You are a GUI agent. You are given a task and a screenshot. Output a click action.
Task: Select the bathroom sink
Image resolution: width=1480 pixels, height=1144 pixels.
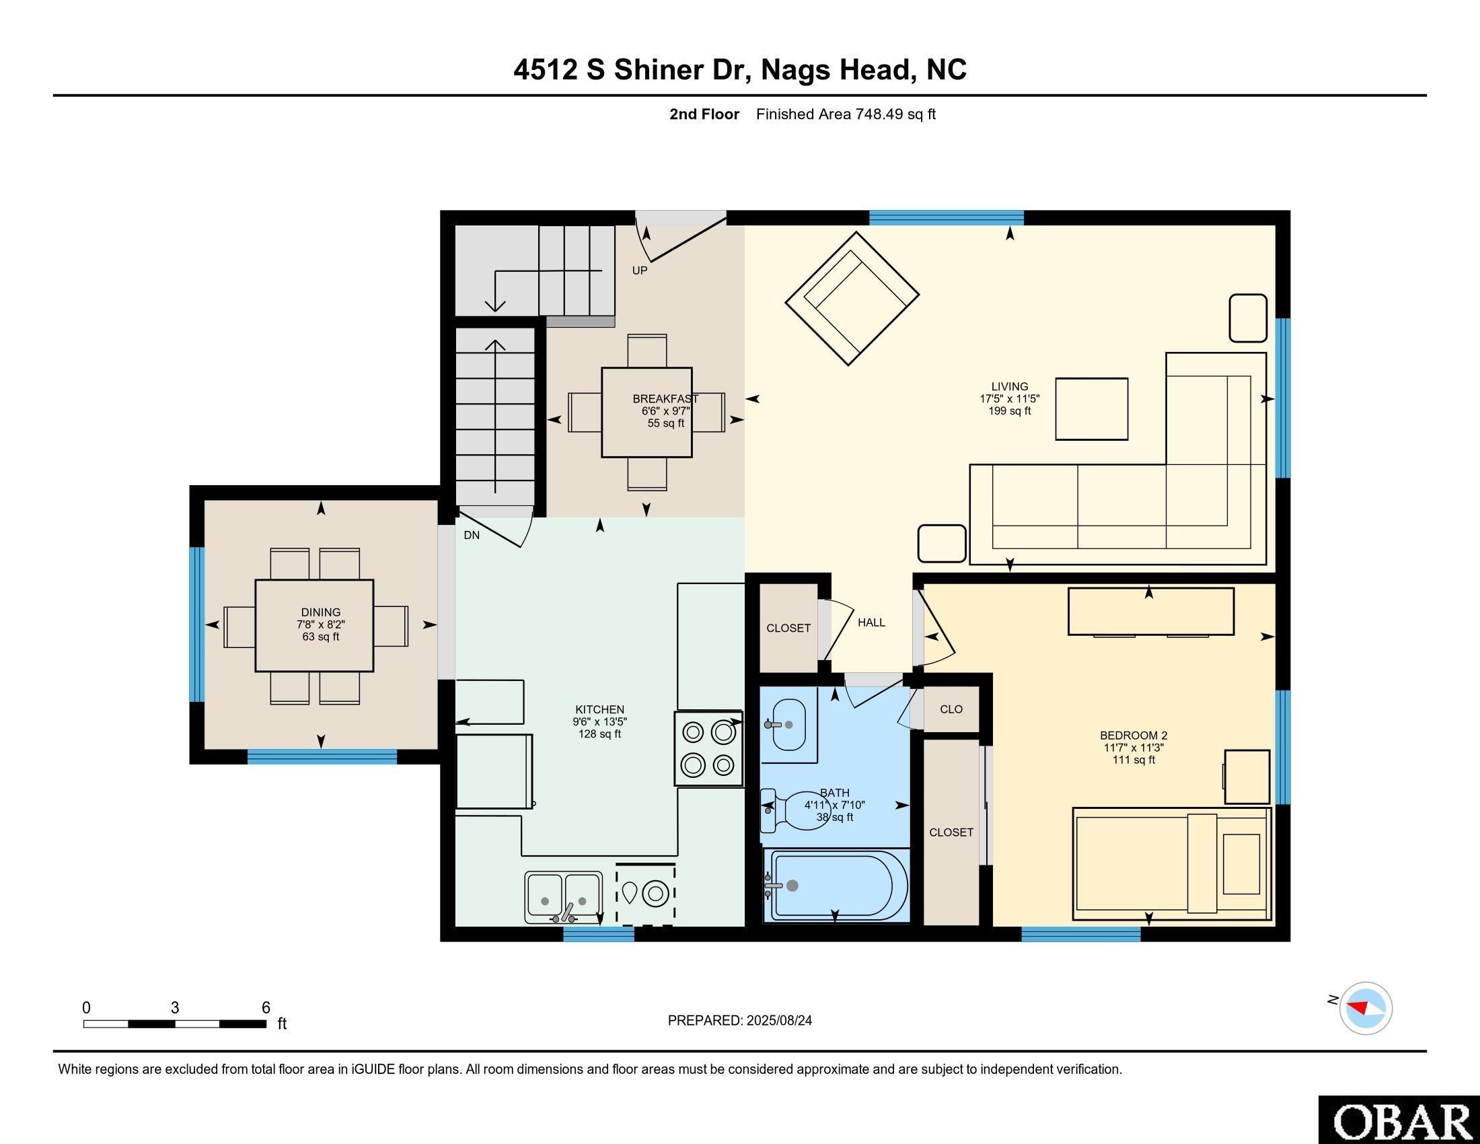(789, 725)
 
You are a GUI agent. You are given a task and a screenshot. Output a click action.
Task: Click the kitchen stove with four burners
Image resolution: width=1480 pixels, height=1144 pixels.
(709, 748)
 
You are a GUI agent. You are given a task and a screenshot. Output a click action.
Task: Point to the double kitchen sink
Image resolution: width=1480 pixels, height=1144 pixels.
(564, 896)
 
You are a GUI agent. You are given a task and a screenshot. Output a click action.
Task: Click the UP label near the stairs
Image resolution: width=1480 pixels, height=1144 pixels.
(640, 271)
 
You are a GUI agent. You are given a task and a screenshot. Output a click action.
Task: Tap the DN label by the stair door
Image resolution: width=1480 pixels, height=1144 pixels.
(472, 536)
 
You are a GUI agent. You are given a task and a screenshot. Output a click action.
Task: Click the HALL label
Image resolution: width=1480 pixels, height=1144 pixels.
(871, 622)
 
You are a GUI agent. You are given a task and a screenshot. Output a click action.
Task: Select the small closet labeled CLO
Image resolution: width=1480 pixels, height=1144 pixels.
(951, 709)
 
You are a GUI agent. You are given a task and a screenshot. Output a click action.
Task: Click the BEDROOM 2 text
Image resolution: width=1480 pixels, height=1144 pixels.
(1134, 736)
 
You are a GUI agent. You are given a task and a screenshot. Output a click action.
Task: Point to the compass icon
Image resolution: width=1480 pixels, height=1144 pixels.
(1366, 1008)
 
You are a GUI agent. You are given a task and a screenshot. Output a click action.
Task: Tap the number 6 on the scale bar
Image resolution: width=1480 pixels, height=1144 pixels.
(266, 1007)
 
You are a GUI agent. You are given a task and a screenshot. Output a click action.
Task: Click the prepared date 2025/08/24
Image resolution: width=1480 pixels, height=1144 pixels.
(778, 1021)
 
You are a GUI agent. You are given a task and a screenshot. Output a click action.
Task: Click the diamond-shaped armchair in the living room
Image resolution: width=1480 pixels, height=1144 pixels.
(852, 297)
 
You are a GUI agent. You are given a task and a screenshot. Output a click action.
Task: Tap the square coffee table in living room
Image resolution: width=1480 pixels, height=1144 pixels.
(1091, 408)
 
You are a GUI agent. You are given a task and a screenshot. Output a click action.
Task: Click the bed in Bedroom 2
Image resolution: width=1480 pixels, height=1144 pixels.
(1171, 864)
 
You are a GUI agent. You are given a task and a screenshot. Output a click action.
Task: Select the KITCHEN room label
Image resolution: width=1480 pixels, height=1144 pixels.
(599, 709)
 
